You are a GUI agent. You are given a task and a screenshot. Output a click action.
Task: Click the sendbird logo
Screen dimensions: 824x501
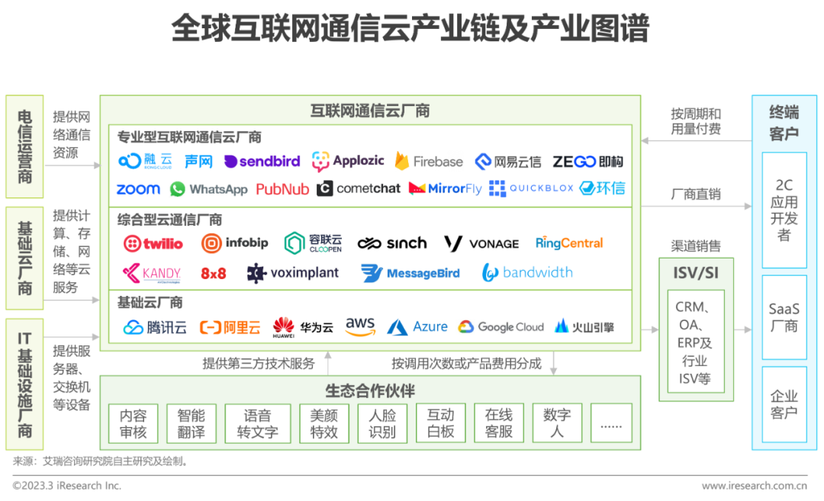coord(262,161)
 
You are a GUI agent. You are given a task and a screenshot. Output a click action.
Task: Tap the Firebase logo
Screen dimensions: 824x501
coord(429,161)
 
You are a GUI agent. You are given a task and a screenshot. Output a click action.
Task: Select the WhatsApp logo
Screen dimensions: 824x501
coord(208,189)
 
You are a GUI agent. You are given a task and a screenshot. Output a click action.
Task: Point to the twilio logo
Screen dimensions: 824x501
coord(153,244)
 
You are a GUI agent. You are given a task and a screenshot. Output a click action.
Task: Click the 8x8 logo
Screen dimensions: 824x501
coord(214,273)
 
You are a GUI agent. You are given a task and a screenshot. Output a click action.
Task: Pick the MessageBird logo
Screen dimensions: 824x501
coord(410,273)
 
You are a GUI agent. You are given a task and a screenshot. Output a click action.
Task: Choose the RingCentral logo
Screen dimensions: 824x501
coord(569,243)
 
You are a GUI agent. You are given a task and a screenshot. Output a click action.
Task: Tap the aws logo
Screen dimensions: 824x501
coord(360,326)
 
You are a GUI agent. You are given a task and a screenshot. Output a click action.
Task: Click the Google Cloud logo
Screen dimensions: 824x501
coord(501,326)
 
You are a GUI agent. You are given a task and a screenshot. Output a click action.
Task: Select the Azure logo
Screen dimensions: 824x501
coord(417,326)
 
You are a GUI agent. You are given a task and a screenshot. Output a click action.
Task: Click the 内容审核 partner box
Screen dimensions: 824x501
coord(133,423)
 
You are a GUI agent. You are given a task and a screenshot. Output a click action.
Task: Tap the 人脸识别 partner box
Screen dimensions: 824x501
coord(382,423)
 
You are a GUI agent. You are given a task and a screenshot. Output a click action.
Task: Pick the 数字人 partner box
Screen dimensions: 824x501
coord(557,423)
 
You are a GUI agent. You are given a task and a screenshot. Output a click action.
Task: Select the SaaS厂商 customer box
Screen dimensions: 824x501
coord(784,317)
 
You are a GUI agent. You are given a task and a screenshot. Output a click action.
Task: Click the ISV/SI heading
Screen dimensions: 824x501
coord(696,273)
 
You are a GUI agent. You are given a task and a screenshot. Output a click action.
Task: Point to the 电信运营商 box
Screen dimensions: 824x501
coord(24,146)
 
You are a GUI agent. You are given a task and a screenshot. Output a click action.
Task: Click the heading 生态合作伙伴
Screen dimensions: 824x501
coord(370,390)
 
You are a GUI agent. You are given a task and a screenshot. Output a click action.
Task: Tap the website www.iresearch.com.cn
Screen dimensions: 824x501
coord(754,486)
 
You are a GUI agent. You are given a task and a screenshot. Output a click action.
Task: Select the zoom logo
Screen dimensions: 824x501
coord(138,189)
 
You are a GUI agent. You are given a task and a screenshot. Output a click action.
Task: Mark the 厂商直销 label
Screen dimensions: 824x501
coord(696,194)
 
